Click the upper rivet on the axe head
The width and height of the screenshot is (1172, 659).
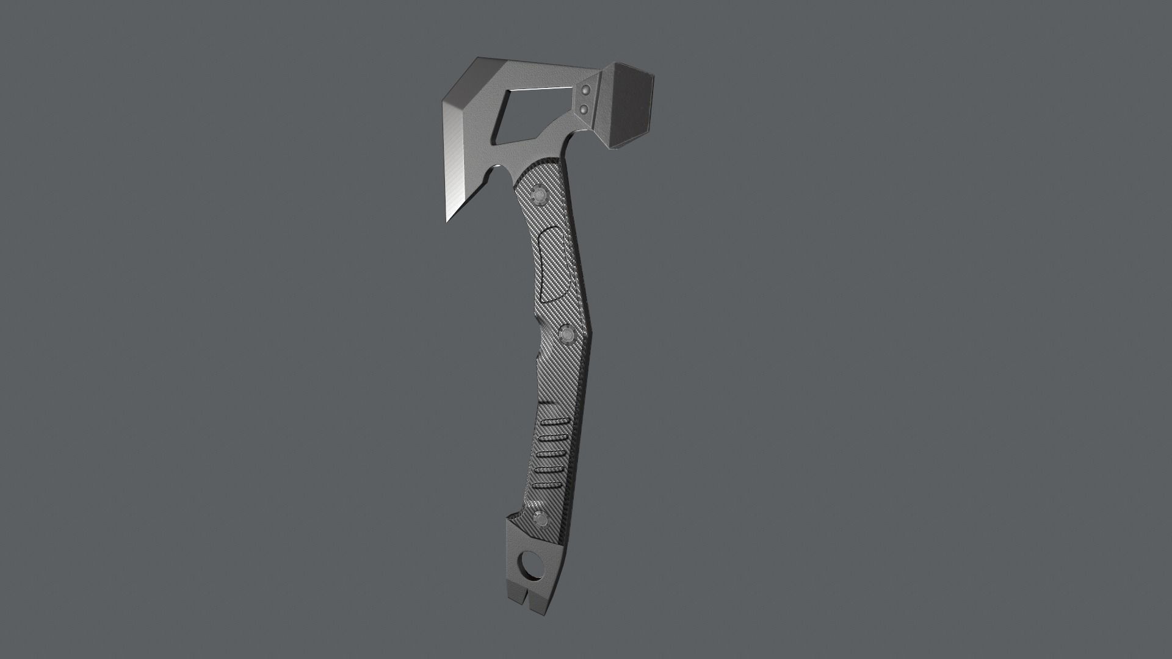point(585,91)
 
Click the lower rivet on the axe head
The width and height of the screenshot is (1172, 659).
point(584,109)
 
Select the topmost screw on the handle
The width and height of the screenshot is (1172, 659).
point(539,193)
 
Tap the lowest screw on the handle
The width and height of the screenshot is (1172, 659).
point(540,519)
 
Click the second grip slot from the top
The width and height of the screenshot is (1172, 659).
point(553,439)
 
